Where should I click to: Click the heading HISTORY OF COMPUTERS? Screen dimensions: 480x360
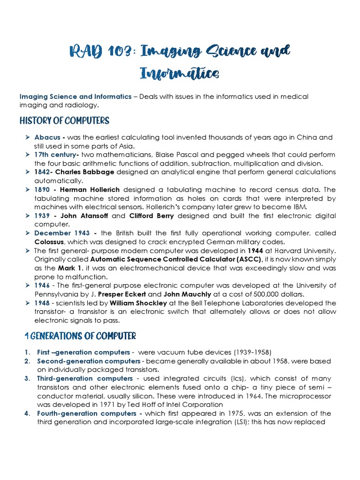click(x=64, y=121)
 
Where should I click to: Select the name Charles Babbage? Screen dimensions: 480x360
click(x=91, y=172)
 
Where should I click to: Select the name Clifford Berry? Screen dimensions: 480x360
click(x=152, y=216)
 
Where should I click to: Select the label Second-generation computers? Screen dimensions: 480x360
click(x=89, y=361)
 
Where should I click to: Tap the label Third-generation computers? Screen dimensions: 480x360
click(x=85, y=378)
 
